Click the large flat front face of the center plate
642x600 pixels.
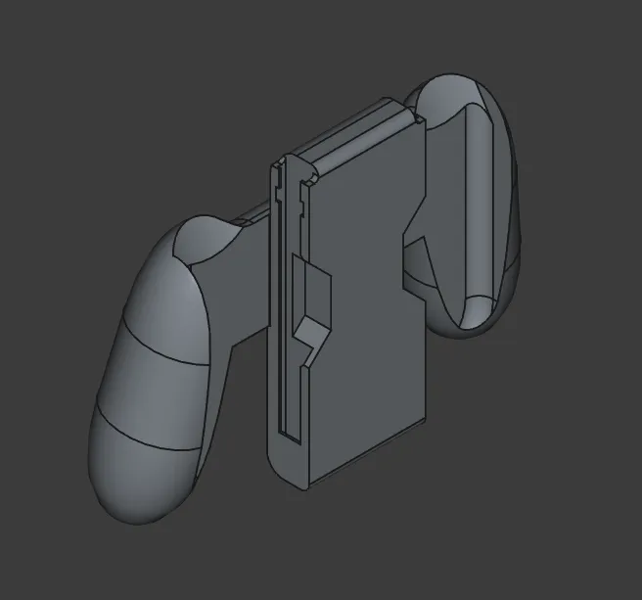tap(372, 323)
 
